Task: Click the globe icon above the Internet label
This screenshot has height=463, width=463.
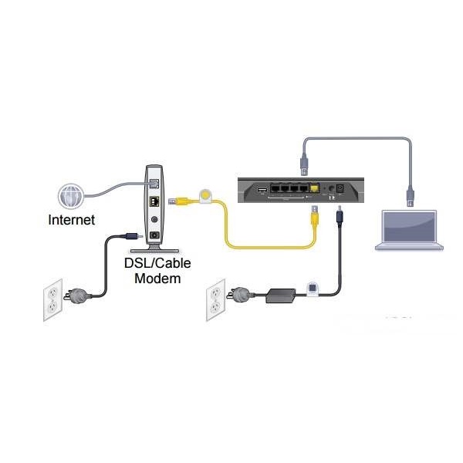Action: (x=71, y=196)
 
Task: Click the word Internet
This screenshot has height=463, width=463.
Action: (x=72, y=220)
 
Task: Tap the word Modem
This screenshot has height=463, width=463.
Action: (x=157, y=279)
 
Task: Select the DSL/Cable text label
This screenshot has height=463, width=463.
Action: (x=157, y=263)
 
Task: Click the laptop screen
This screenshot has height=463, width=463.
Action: (x=409, y=227)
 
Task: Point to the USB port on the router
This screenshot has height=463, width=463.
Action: (x=262, y=190)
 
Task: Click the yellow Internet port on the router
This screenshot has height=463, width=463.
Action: (x=315, y=188)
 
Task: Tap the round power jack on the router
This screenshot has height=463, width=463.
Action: (x=332, y=188)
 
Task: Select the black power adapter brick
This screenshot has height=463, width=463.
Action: (x=281, y=296)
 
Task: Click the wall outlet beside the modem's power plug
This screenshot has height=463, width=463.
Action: (x=52, y=299)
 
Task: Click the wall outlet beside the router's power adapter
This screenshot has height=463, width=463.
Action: (x=215, y=299)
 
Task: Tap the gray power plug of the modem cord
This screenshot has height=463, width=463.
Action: (x=77, y=296)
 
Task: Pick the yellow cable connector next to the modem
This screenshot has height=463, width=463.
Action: (x=178, y=201)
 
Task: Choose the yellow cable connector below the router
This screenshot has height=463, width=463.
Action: (x=314, y=216)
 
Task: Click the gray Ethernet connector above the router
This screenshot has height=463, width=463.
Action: (x=305, y=164)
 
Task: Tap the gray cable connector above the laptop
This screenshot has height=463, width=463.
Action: (x=411, y=196)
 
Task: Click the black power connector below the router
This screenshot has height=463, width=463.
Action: (x=340, y=216)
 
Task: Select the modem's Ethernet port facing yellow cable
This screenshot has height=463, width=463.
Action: (x=154, y=201)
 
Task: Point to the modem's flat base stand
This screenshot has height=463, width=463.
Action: (x=155, y=251)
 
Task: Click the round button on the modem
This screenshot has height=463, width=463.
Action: (x=154, y=219)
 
